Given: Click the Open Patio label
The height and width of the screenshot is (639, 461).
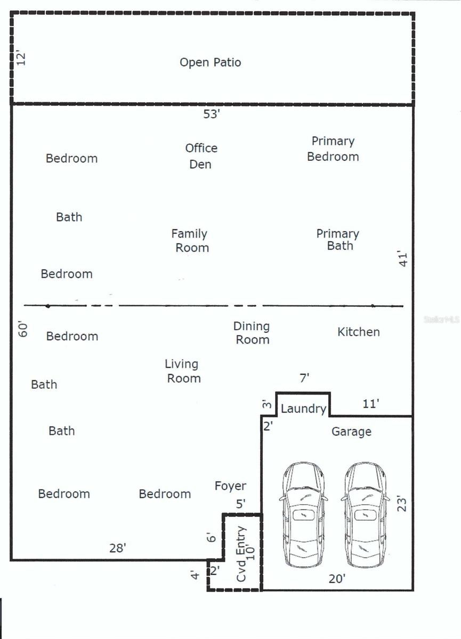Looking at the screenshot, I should [x=210, y=62].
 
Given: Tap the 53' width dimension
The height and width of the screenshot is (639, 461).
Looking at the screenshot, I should [x=211, y=114].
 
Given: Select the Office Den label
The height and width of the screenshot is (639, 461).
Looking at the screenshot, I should [x=201, y=156].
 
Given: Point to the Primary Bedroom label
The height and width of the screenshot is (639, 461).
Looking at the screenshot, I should [x=333, y=149].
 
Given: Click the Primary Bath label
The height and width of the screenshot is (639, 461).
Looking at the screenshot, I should [x=338, y=240].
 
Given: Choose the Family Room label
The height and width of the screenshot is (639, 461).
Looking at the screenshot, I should [x=190, y=241].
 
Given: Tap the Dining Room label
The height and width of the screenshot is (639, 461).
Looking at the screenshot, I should [x=252, y=333].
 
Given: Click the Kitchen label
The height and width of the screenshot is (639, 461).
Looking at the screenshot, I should [x=359, y=332].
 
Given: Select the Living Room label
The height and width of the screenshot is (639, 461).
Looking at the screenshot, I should [x=183, y=371].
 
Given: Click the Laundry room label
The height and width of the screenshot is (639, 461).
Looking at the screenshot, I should [x=303, y=408].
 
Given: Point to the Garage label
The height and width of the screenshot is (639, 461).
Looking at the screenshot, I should [x=351, y=431].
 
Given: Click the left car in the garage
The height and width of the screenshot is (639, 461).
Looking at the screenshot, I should [x=303, y=514].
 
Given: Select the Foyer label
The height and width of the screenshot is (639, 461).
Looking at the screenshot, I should [x=230, y=486].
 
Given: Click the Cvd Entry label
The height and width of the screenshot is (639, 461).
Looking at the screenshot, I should [x=242, y=554].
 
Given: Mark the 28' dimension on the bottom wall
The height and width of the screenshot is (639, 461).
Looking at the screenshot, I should [x=117, y=548].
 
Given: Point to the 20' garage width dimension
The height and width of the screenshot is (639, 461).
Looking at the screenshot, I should [x=337, y=579].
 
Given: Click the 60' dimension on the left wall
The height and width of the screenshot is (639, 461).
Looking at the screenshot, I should [x=23, y=329].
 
